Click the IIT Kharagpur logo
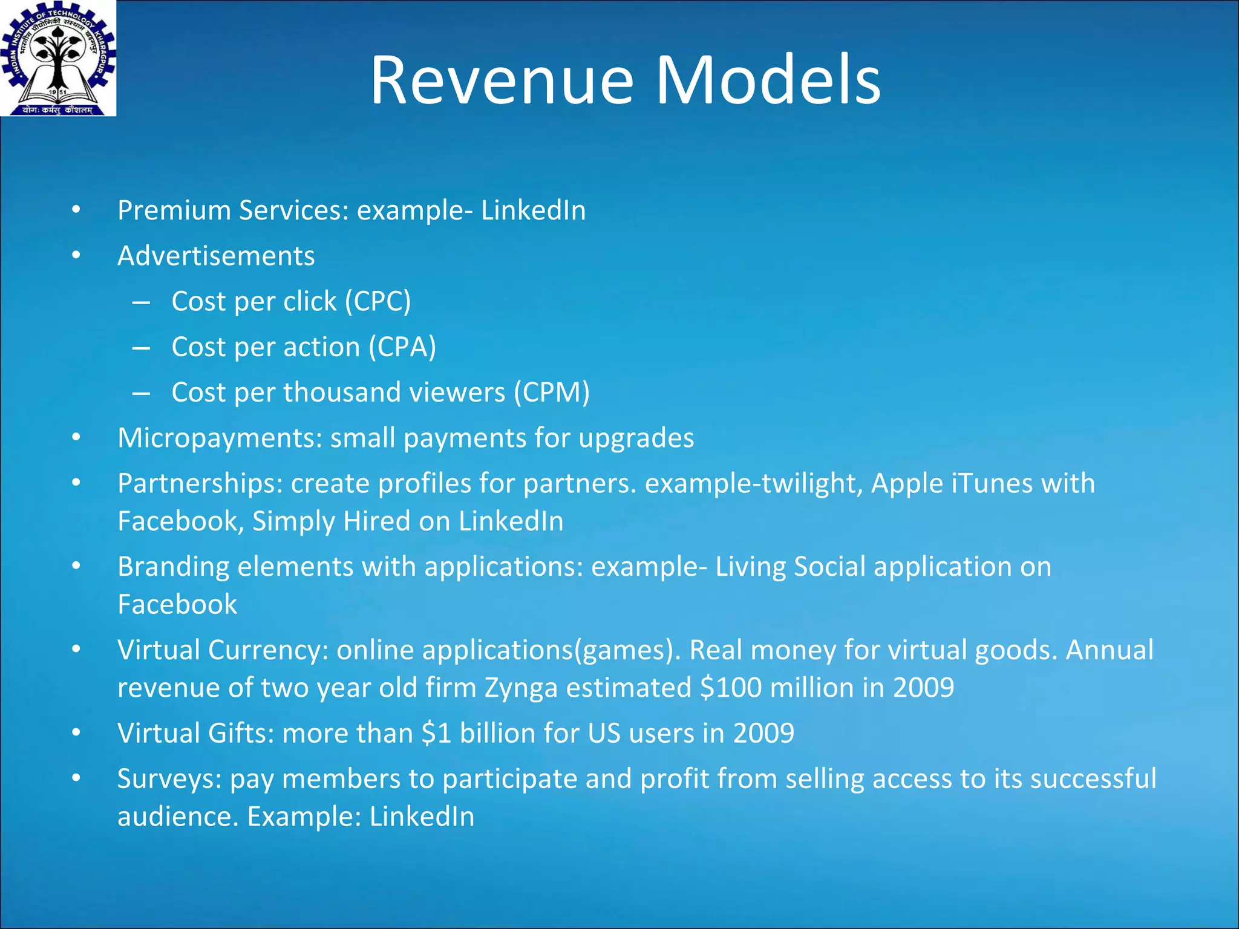(x=58, y=58)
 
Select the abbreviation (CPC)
(x=378, y=301)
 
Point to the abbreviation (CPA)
(x=402, y=347)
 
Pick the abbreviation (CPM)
(x=551, y=392)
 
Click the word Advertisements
(x=216, y=256)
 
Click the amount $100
(x=730, y=688)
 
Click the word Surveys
(x=169, y=779)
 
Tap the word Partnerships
(x=200, y=483)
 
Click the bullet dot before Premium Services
(x=76, y=210)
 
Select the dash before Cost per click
(x=141, y=302)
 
